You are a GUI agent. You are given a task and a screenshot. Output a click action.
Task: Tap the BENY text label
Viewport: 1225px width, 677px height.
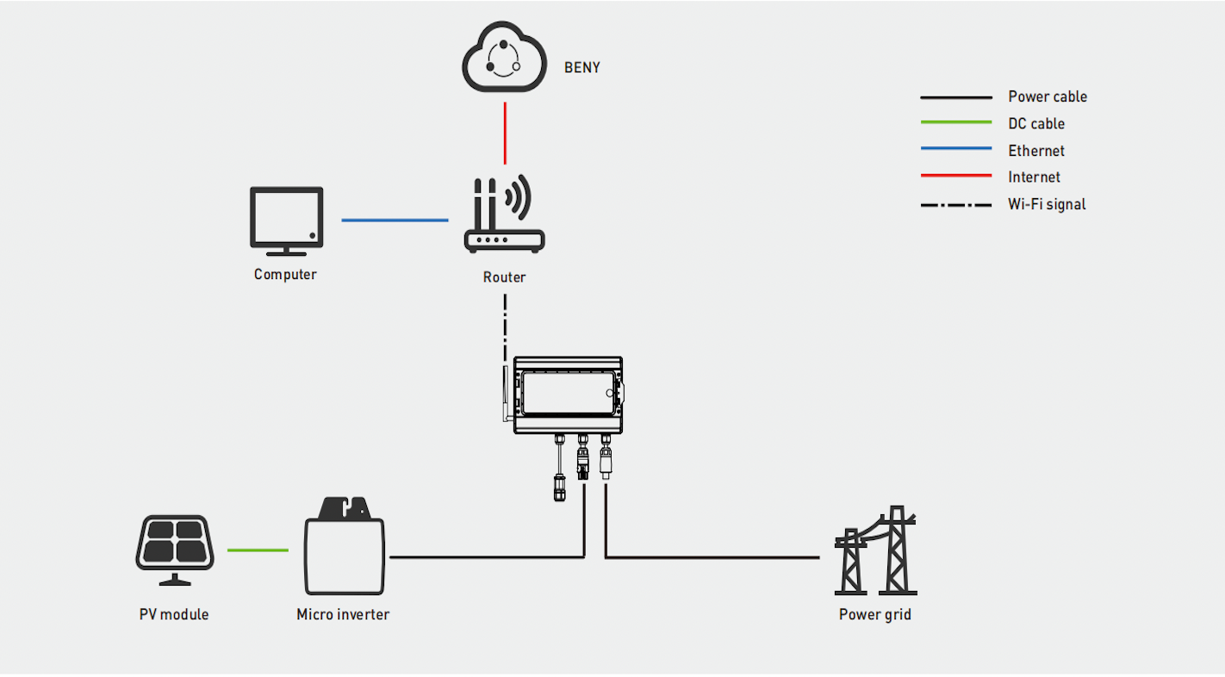click(x=582, y=67)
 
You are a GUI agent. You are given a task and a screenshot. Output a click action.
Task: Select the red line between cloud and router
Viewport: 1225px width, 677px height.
click(x=505, y=133)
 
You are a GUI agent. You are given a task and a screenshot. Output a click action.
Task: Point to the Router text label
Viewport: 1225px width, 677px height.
click(x=504, y=276)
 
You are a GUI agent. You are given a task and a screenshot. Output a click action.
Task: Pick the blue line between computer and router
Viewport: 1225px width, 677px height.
click(x=395, y=220)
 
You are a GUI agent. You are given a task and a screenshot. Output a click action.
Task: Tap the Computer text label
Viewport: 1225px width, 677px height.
click(x=285, y=275)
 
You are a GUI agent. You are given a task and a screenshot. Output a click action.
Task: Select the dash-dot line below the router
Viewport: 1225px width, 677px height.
click(x=505, y=327)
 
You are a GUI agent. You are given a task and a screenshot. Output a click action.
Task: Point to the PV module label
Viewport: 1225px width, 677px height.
click(x=174, y=614)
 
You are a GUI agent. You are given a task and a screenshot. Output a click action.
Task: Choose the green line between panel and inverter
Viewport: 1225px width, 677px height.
click(x=258, y=550)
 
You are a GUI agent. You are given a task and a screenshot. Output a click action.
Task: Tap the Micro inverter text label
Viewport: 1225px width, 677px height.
click(x=343, y=614)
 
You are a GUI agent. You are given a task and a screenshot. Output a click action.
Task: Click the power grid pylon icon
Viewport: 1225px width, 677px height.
click(x=875, y=551)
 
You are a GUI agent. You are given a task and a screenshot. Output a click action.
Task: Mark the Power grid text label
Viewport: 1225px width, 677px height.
click(x=874, y=614)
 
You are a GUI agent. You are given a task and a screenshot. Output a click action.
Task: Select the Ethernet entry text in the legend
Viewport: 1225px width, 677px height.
click(x=1036, y=151)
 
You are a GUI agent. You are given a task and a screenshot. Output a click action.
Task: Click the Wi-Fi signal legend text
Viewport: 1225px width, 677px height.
click(x=1047, y=204)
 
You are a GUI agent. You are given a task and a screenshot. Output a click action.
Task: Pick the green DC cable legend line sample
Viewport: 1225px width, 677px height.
click(x=956, y=123)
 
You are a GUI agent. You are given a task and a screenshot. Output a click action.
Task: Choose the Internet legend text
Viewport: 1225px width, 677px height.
click(x=1034, y=177)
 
